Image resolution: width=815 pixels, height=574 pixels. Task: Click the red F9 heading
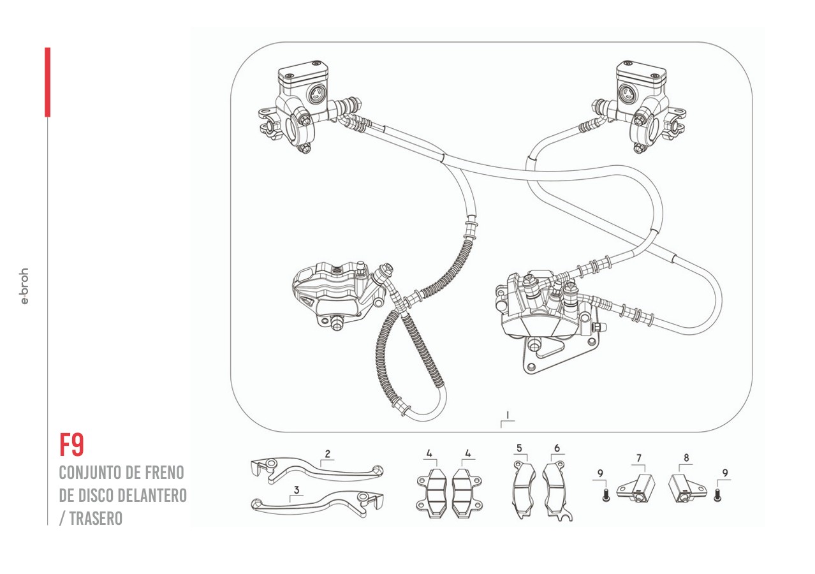71,445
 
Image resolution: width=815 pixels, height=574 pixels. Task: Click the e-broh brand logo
24,286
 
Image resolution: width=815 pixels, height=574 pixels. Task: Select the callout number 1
507,415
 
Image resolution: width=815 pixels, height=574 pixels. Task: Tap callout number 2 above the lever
327,454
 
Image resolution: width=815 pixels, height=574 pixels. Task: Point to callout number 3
297,490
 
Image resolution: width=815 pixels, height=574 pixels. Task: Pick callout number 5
519,448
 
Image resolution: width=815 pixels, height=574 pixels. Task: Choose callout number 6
557,448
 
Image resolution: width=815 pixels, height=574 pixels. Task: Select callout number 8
686,458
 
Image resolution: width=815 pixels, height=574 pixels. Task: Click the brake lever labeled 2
319,471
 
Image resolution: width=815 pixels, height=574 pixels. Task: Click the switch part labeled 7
638,488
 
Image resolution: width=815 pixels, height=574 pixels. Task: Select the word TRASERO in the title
95,519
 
